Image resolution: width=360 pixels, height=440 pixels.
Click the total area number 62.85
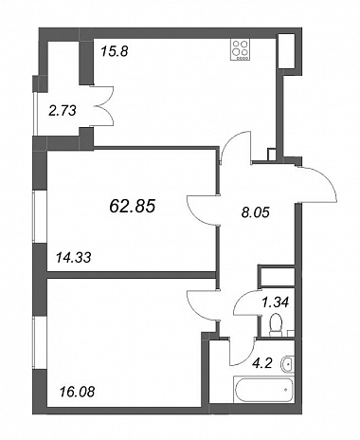[x=133, y=207]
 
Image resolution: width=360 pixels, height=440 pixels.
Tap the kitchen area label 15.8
[x=115, y=51]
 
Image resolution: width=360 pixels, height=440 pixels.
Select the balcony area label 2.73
[x=63, y=111]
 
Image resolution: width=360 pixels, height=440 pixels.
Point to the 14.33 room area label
[x=73, y=258]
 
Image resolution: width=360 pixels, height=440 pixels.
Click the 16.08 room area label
[x=77, y=393]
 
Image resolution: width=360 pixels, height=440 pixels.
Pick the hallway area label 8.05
[x=255, y=212]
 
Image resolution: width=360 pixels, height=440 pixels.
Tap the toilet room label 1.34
[x=276, y=302]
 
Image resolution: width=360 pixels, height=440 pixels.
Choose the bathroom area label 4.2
[x=261, y=363]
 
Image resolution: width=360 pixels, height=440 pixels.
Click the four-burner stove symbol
[x=240, y=49]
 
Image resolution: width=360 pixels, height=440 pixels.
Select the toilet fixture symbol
[x=276, y=324]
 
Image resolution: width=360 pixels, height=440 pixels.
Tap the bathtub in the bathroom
[x=263, y=389]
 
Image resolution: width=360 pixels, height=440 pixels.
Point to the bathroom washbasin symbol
[x=287, y=364]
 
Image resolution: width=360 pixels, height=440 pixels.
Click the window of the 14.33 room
[x=40, y=217]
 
